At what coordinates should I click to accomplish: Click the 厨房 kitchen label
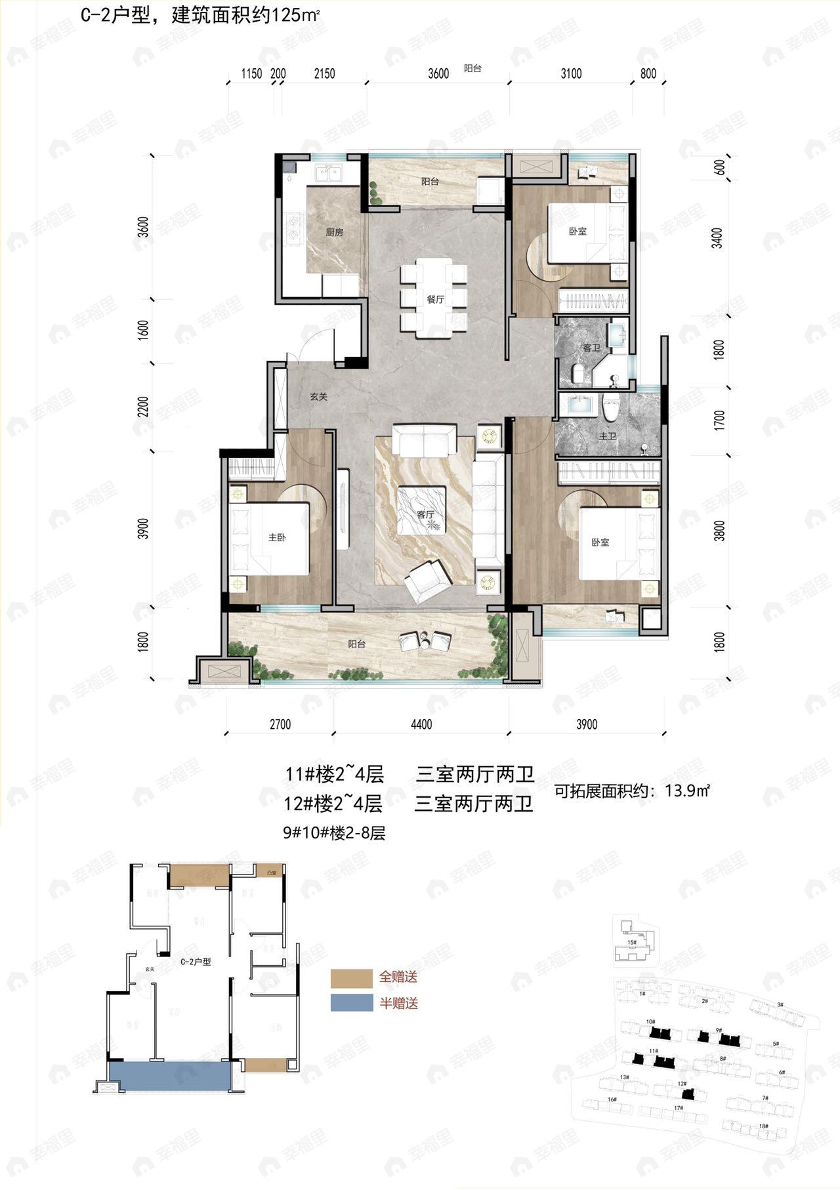click(x=335, y=232)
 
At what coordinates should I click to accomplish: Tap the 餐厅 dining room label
click(x=436, y=299)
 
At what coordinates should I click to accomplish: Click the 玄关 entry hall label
click(x=319, y=397)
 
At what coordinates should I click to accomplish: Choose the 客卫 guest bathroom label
click(x=591, y=348)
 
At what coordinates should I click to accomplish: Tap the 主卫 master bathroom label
click(x=608, y=436)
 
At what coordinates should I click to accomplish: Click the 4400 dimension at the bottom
click(x=421, y=724)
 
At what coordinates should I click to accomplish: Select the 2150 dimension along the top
click(x=324, y=73)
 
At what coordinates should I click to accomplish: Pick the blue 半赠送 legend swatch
click(x=351, y=1003)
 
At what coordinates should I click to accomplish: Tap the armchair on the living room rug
click(x=427, y=580)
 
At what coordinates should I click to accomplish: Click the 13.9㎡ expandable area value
click(x=688, y=790)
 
